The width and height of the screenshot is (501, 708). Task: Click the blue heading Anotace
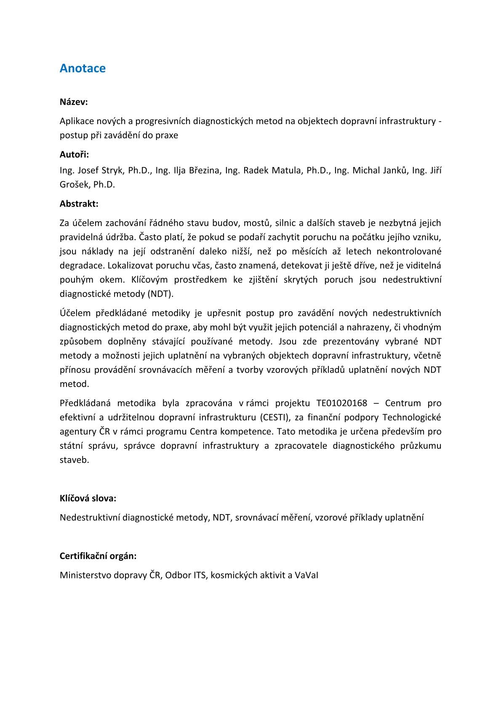[x=83, y=68]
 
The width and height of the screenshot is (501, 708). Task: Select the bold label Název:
[x=74, y=102]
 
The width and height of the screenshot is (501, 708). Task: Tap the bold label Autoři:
[x=74, y=155]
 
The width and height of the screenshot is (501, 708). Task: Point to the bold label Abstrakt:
[x=79, y=204]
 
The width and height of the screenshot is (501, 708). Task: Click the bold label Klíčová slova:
[x=88, y=499]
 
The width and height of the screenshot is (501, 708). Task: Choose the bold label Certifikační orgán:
[x=98, y=556]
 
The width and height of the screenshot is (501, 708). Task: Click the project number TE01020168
[x=341, y=403]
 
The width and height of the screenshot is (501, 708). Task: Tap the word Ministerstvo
[x=85, y=575]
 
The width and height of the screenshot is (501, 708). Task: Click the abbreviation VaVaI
[x=306, y=575]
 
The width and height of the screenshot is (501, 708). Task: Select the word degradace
[x=81, y=266]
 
